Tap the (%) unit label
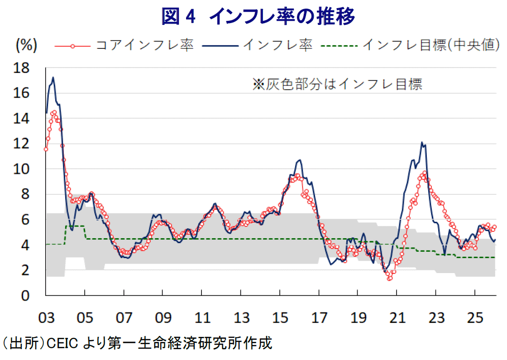click(x=26, y=45)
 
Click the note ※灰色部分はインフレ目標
click(x=337, y=84)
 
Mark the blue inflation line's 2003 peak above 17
click(x=53, y=77)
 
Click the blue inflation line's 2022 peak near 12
click(x=422, y=143)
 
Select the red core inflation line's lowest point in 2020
click(x=389, y=278)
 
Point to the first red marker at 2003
click(x=46, y=149)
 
